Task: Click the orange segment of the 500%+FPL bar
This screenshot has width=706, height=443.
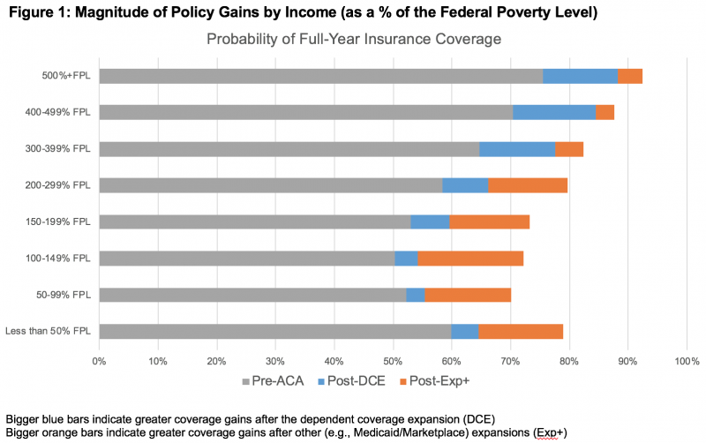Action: tap(630, 76)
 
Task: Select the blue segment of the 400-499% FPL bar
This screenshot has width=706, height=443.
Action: tap(554, 112)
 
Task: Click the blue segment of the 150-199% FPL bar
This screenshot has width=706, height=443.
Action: tap(430, 221)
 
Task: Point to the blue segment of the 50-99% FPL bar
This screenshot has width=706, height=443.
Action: tap(416, 295)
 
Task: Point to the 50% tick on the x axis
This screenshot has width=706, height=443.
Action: tap(393, 361)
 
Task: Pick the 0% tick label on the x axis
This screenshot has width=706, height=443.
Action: tap(99, 361)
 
